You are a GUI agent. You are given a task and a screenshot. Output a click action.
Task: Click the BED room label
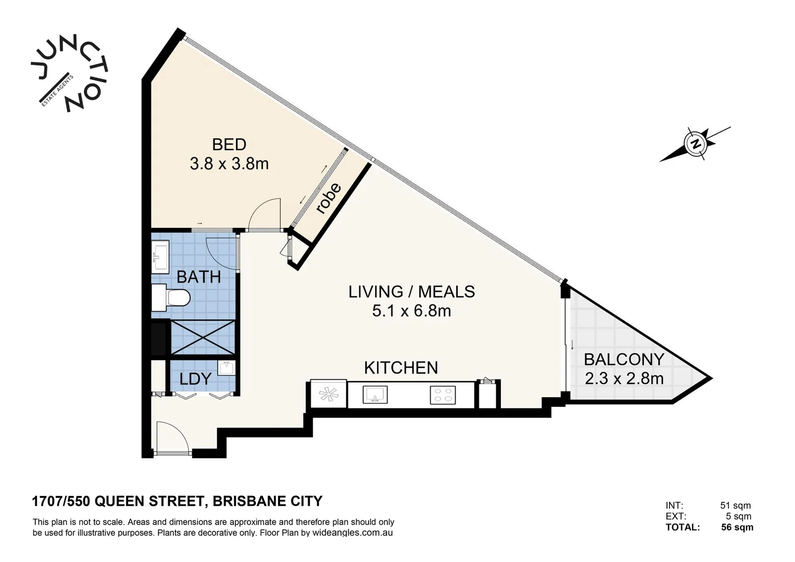229,145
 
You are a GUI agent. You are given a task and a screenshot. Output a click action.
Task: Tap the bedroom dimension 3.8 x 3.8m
229,164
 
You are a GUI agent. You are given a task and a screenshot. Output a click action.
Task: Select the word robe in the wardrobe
328,198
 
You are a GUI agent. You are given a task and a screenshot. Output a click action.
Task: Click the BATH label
199,277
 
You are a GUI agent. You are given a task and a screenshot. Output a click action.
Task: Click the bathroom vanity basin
160,257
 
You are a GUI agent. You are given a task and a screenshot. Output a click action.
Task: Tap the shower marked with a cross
203,337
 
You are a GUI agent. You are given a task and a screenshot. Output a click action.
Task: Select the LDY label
196,379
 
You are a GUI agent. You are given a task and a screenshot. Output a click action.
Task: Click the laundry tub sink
226,368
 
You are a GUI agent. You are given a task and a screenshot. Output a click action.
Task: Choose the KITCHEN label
401,367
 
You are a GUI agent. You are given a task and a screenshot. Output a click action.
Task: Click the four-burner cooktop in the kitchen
443,395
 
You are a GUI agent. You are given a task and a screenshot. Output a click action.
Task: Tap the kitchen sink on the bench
375,394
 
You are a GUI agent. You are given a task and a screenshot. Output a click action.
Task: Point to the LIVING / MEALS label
411,291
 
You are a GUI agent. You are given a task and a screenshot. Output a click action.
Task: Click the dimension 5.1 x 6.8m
411,311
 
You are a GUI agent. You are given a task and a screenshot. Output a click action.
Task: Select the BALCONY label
624,360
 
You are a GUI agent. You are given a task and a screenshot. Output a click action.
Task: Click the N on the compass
696,144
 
